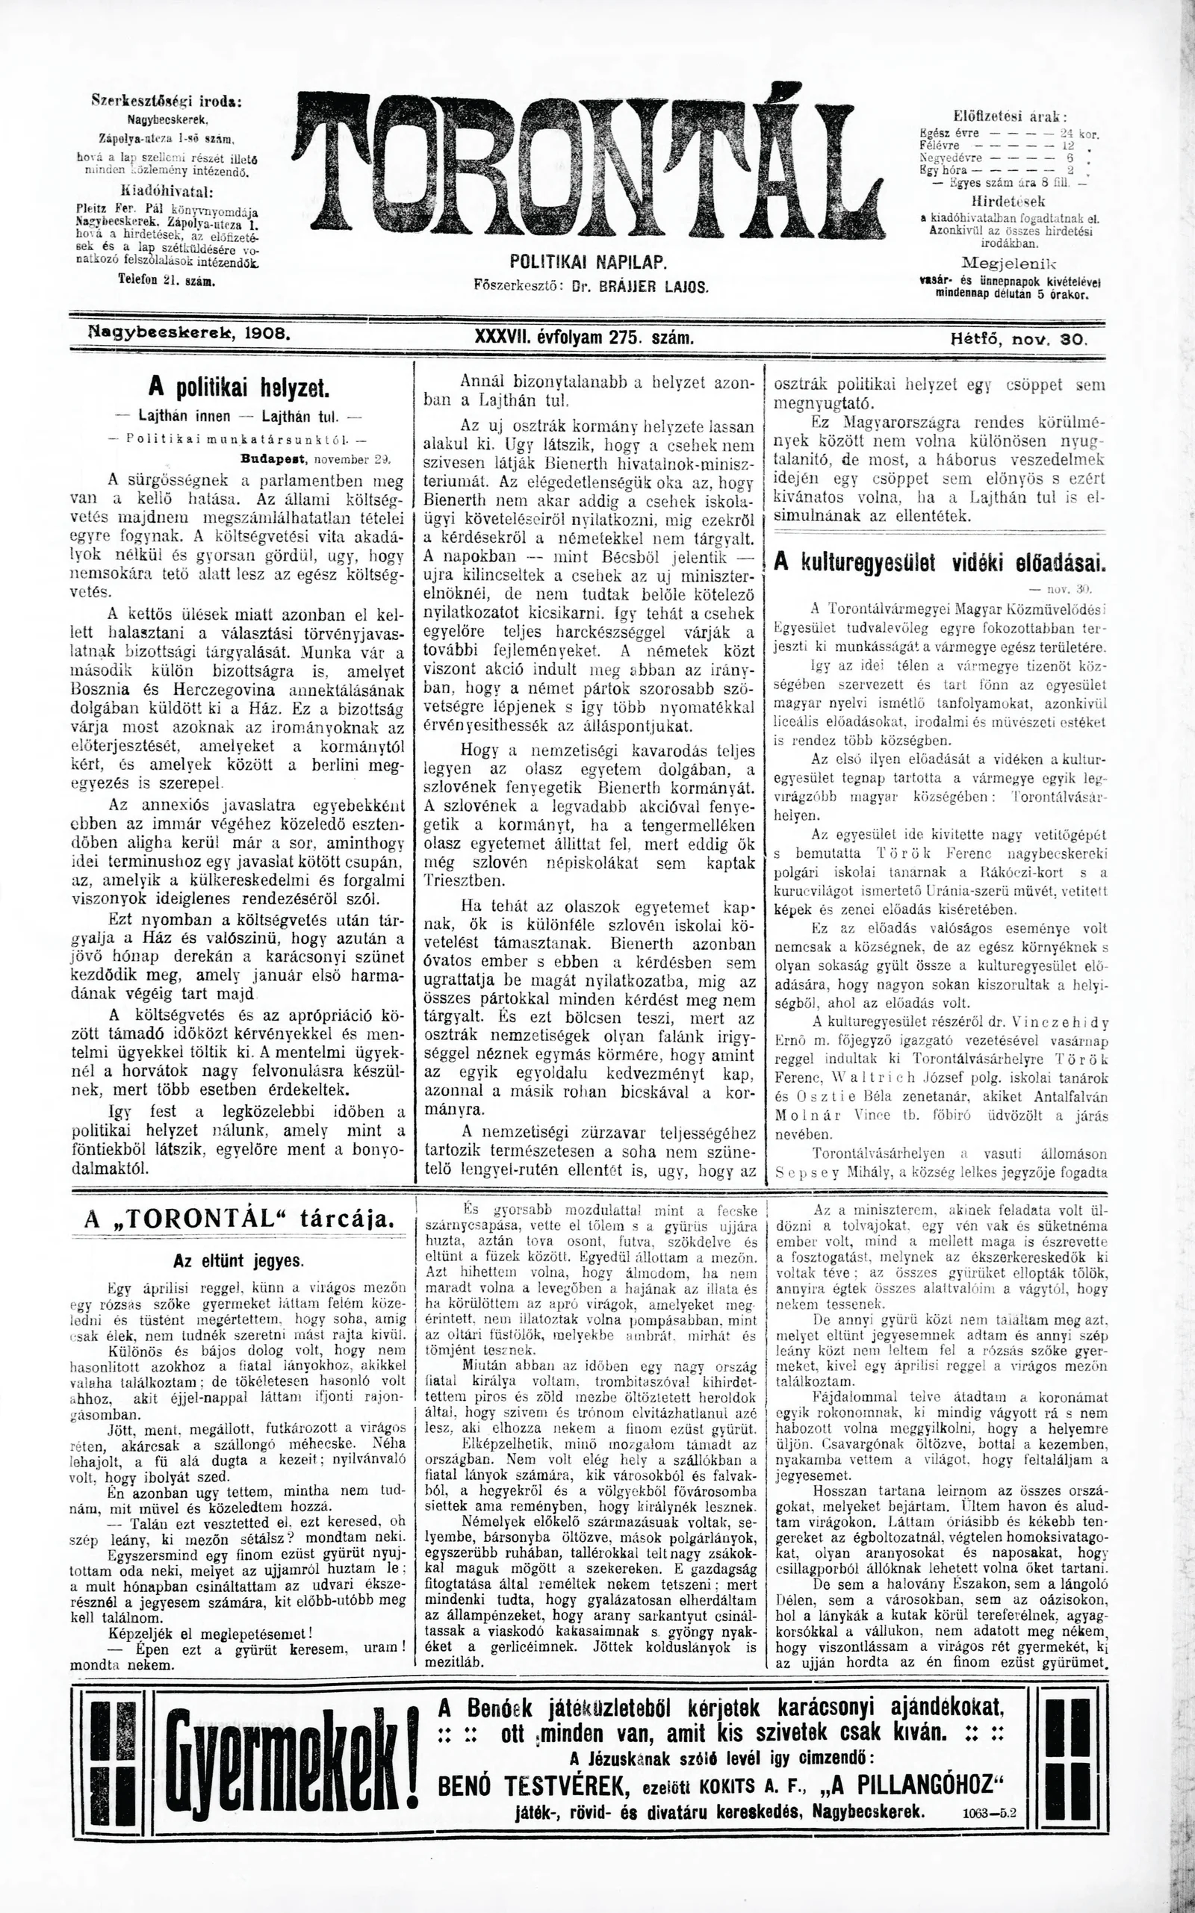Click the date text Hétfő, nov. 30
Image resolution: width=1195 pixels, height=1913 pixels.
coord(1019,338)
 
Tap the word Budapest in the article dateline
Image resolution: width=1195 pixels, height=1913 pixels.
coord(271,458)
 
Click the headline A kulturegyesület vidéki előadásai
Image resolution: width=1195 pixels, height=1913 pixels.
coord(939,564)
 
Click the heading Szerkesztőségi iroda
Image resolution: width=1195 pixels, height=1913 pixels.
coord(167,102)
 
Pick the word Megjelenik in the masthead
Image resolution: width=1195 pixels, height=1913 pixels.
coord(1008,263)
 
